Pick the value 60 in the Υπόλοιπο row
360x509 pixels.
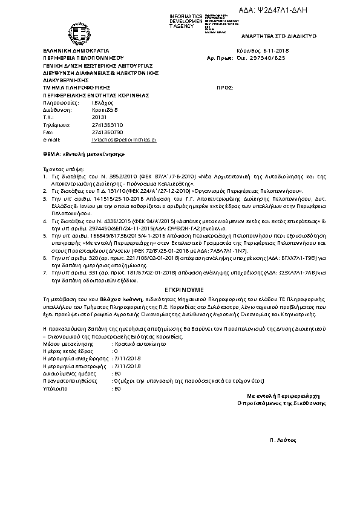(x=117, y=388)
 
